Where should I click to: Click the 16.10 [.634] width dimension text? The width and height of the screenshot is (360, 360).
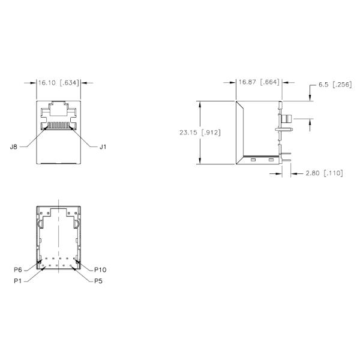(58, 83)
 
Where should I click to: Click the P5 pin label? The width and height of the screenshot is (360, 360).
(99, 281)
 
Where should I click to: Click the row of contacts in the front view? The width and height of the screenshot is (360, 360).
(58, 126)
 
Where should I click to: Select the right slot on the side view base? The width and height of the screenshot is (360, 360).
(271, 160)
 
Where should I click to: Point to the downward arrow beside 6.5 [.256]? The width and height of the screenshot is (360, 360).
(310, 97)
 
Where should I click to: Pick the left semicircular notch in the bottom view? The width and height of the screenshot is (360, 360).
(40, 224)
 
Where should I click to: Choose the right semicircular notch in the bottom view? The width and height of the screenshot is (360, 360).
(77, 224)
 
